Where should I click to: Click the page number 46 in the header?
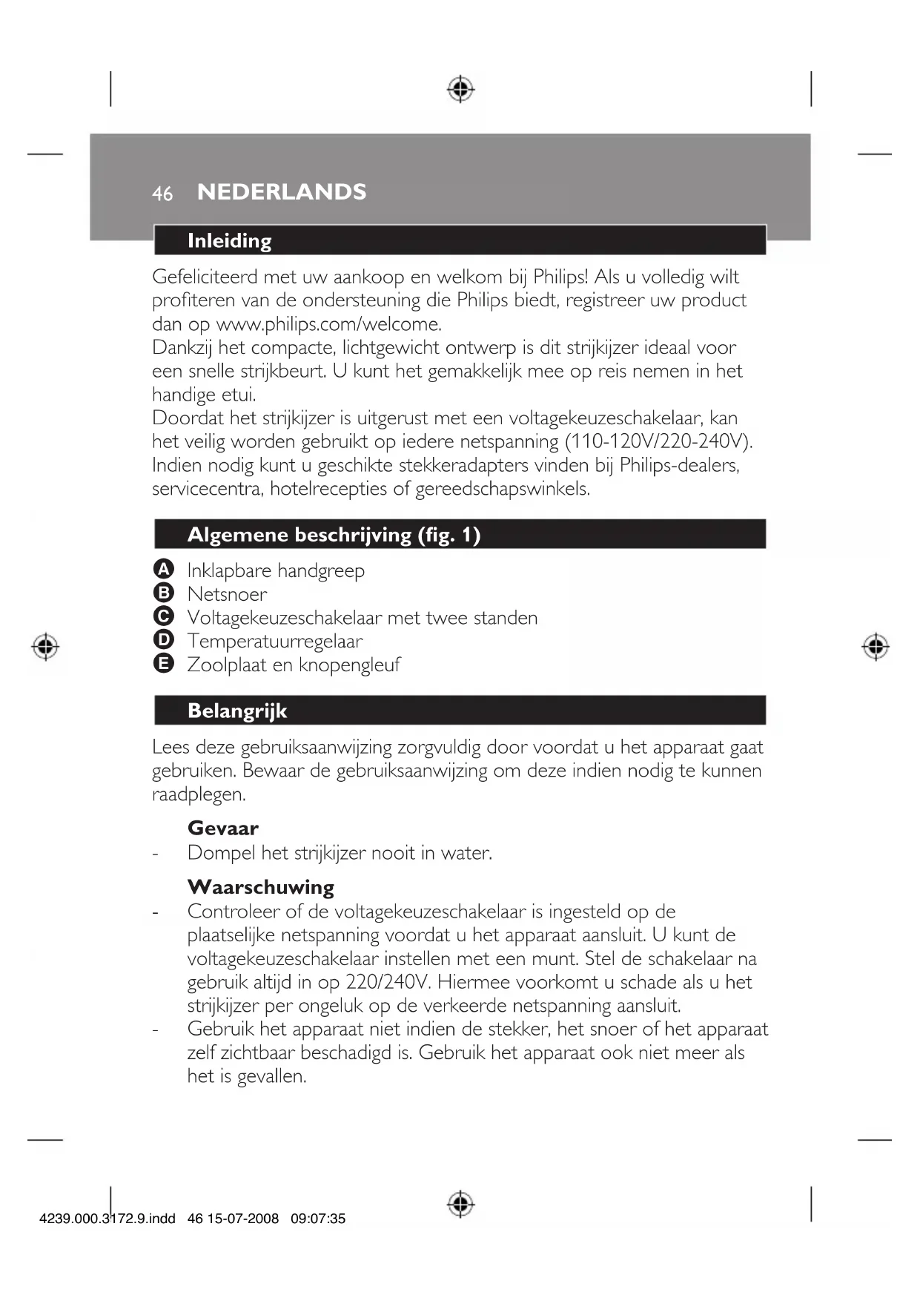[x=162, y=194]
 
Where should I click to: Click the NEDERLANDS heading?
[x=282, y=192]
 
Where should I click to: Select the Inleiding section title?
[x=229, y=241]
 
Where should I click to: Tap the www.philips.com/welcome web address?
[x=328, y=324]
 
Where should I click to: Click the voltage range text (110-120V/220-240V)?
[x=658, y=441]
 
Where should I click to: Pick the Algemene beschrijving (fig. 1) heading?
[x=334, y=535]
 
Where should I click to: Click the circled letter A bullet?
[x=163, y=570]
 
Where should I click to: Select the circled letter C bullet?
[x=163, y=616]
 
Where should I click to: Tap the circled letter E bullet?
[x=163, y=664]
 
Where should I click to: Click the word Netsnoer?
[x=227, y=594]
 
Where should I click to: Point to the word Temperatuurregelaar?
[x=275, y=641]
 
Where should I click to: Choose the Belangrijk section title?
[x=237, y=711]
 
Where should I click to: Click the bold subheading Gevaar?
[x=223, y=828]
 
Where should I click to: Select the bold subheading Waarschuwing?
[x=261, y=887]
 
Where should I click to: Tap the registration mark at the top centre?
[x=460, y=89]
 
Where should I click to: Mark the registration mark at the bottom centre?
[x=460, y=1203]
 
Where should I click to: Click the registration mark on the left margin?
[x=45, y=647]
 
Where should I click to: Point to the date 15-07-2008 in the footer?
[x=242, y=1219]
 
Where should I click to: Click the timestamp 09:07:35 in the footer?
[x=318, y=1219]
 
